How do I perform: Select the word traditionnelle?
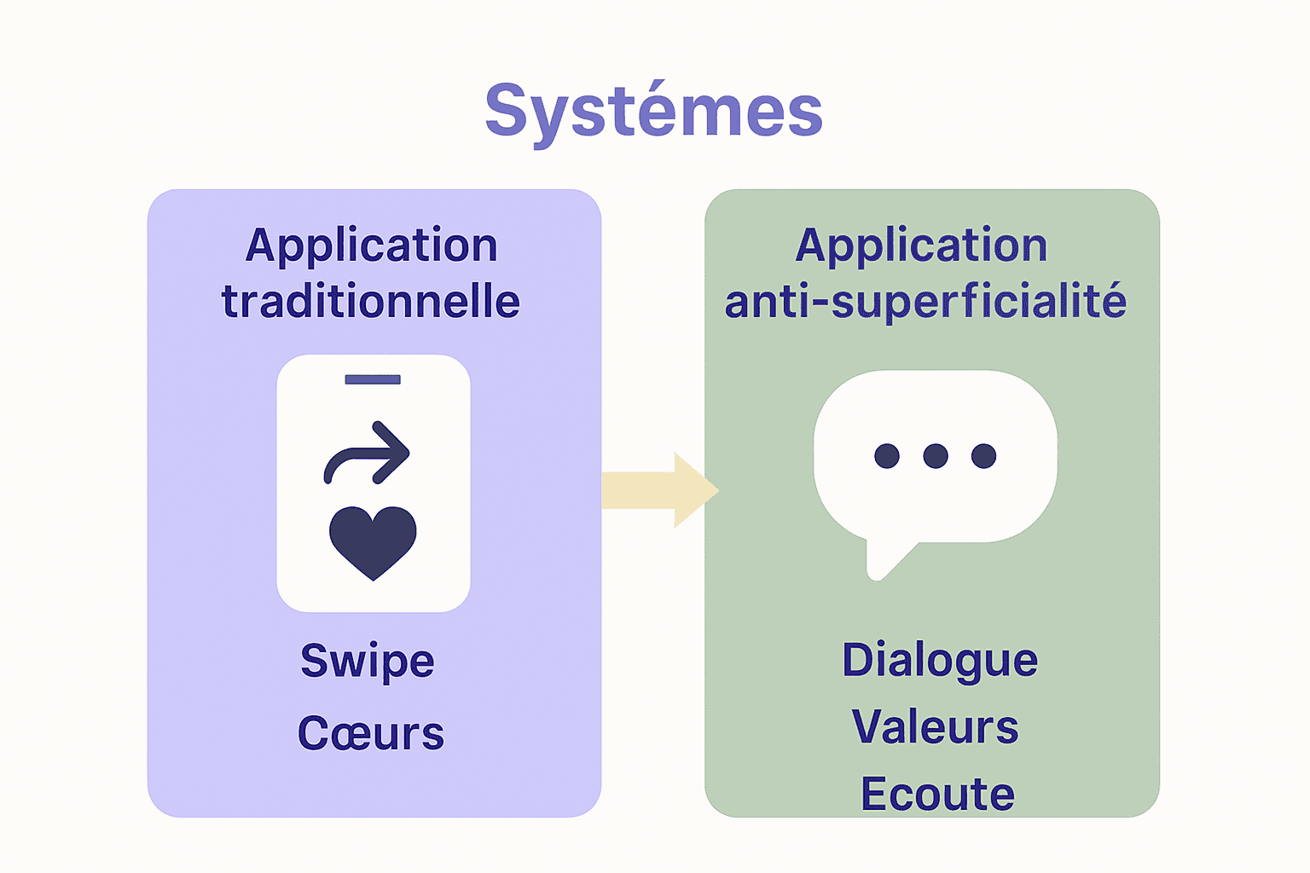[x=371, y=302]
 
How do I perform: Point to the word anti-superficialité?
[x=925, y=302]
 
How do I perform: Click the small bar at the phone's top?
[x=373, y=379]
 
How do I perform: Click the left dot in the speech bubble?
[x=887, y=456]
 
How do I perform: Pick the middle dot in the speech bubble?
[x=936, y=456]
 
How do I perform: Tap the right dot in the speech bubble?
[x=983, y=456]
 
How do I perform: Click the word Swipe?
[x=368, y=662]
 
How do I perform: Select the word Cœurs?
[x=371, y=734]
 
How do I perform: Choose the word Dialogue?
[x=940, y=662]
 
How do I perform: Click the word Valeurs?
[x=936, y=727]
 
